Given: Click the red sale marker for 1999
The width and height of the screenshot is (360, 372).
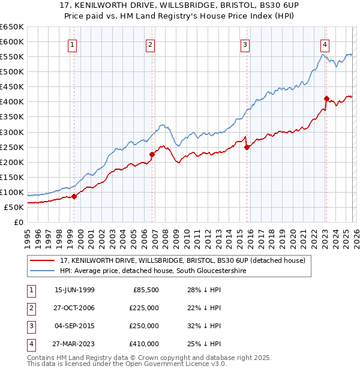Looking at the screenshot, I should pos(74,196).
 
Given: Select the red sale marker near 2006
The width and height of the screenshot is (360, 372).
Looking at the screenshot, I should pos(152,154).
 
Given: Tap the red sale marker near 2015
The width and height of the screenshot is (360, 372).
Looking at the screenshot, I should pos(247,147).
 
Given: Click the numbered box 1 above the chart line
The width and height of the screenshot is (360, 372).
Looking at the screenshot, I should pos(72,44).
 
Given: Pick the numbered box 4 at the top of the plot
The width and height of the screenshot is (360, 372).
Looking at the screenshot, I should pos(324,44).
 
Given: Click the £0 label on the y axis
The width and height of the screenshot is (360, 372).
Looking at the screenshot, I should pos(18,222).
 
